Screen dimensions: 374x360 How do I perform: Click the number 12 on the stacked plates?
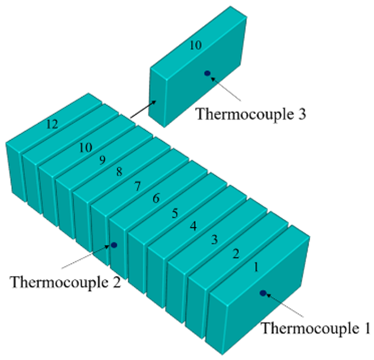click(x=52, y=124)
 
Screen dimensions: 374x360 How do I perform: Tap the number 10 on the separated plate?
click(x=196, y=45)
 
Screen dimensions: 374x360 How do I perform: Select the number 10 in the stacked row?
click(x=86, y=147)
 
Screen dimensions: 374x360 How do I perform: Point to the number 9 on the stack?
click(x=102, y=160)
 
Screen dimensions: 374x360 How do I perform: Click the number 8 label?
click(x=120, y=171)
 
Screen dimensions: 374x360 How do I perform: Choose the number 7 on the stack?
click(x=137, y=186)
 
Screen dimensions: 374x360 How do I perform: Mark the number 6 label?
click(x=156, y=198)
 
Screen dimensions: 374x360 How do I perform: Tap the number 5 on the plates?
click(x=175, y=213)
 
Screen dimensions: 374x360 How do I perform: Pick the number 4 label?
click(x=194, y=226)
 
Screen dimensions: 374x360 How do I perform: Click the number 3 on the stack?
click(x=214, y=239)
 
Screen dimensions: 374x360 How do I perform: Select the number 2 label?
click(x=236, y=254)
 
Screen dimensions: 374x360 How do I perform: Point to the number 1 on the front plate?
click(x=256, y=267)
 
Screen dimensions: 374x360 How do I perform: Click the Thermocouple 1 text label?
click(x=316, y=328)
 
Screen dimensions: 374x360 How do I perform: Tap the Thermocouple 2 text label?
click(x=65, y=282)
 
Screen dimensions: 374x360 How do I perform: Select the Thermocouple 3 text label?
click(x=251, y=113)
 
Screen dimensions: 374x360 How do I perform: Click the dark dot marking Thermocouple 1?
click(x=263, y=293)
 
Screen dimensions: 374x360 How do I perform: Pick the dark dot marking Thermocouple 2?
click(x=114, y=245)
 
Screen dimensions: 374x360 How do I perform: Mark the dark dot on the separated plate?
click(x=208, y=73)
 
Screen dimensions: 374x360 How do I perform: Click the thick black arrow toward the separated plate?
click(x=143, y=109)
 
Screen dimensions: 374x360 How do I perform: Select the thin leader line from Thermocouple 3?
click(x=225, y=89)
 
